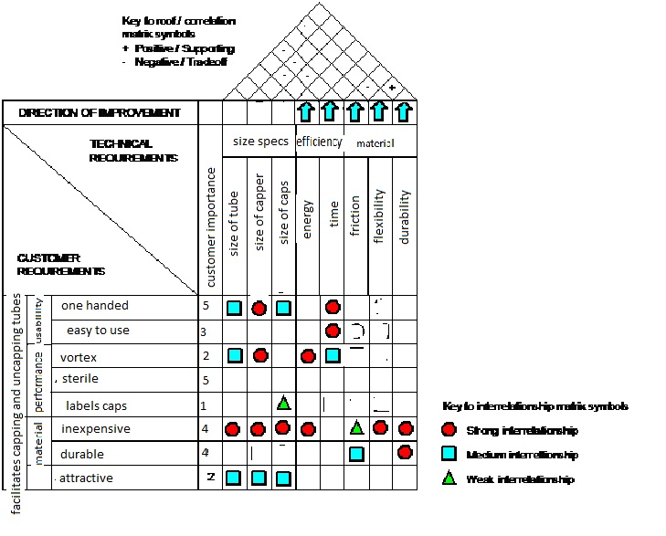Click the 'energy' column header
coord(308,220)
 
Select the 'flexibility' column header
coord(380,219)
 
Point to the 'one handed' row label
coord(95,306)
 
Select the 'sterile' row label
coord(79,379)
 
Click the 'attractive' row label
coord(87,478)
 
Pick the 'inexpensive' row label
coord(95,428)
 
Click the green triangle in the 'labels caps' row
coord(283,403)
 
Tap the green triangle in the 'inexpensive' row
coord(356,427)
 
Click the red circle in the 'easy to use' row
coord(333,331)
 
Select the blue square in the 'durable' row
coord(356,453)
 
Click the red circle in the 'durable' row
coord(405,452)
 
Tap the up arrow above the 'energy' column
coord(308,113)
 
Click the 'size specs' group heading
coord(260,142)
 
